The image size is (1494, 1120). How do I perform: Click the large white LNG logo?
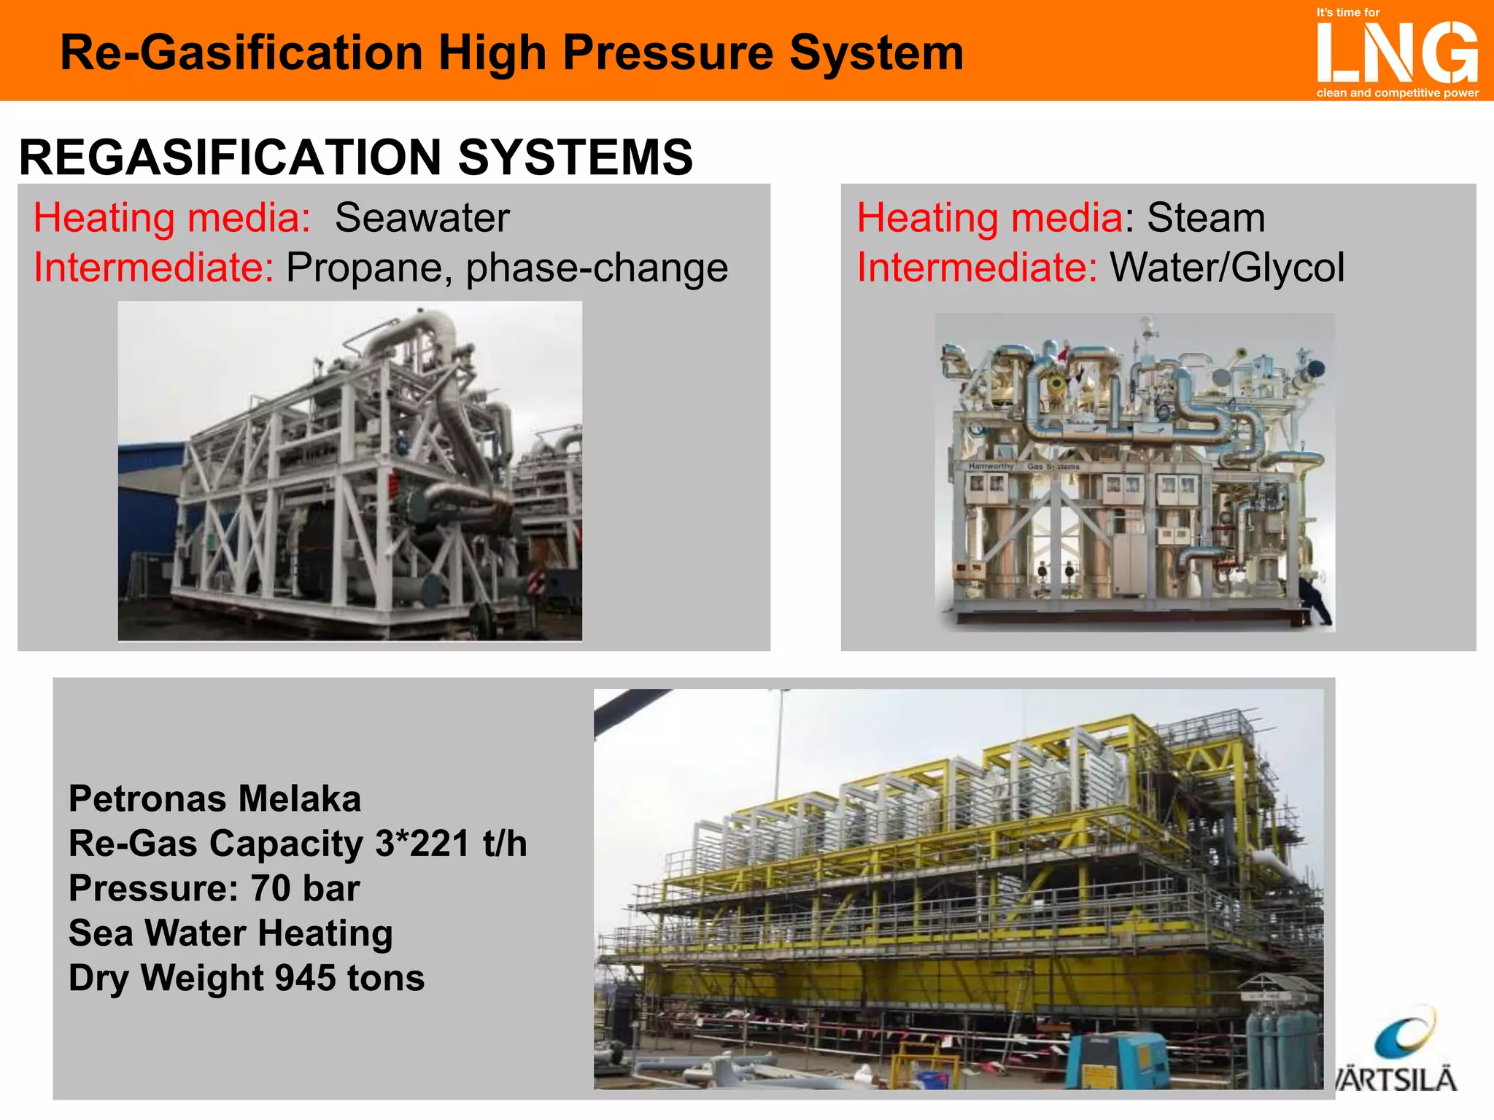[1397, 52]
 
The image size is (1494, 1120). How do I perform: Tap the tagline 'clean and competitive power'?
[1397, 93]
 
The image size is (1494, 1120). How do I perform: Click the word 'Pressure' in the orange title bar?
[667, 53]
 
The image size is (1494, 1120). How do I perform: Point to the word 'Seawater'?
[422, 218]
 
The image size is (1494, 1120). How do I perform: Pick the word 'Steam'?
[1206, 218]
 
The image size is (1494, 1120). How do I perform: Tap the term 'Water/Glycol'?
[1227, 268]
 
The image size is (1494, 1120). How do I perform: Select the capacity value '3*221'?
[422, 844]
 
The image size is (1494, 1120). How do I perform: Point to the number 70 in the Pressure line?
[271, 889]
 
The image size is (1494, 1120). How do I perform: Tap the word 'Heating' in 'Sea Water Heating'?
[325, 934]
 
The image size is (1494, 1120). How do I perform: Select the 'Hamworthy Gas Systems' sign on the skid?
[1023, 466]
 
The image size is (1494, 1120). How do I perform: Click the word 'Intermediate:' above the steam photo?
[977, 268]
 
